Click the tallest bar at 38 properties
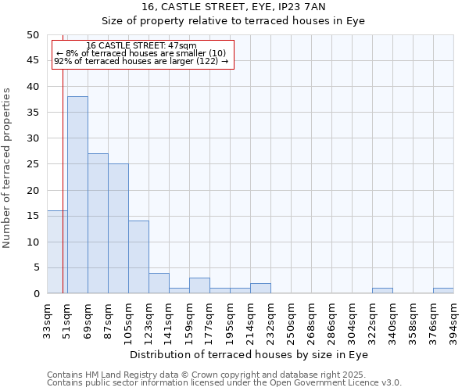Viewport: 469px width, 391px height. [x=77, y=195]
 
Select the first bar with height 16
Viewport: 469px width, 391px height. [x=56, y=252]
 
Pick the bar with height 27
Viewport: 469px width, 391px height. [x=98, y=224]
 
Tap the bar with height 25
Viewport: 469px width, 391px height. [x=118, y=228]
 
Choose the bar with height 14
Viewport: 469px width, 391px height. [x=138, y=257]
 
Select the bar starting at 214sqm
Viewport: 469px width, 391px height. [x=260, y=289]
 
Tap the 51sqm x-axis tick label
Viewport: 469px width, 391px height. [x=68, y=319]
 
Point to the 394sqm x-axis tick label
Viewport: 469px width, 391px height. [x=454, y=319]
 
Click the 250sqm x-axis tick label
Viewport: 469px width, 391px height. [x=292, y=319]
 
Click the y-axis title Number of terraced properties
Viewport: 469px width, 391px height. [x=8, y=168]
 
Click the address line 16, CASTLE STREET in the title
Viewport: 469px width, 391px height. [x=234, y=7]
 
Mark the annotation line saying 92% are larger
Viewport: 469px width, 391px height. [x=141, y=61]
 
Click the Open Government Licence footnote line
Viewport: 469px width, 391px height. [x=224, y=382]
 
